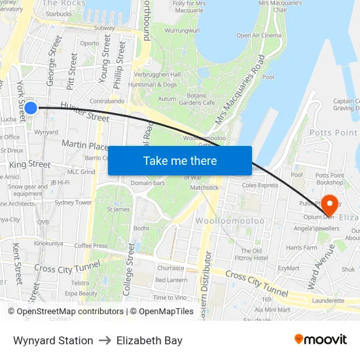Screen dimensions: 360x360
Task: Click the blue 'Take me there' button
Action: pyautogui.click(x=180, y=160)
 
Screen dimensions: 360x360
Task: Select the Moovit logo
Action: pyautogui.click(x=321, y=340)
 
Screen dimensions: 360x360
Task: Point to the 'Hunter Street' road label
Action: pyautogui.click(x=84, y=111)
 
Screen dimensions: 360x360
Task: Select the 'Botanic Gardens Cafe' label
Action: pyautogui.click(x=196, y=98)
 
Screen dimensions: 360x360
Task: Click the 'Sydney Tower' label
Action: pyautogui.click(x=73, y=202)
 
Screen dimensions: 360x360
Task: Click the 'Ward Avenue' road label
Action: pyautogui.click(x=323, y=269)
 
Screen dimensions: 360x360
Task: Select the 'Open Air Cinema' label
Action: pyautogui.click(x=259, y=35)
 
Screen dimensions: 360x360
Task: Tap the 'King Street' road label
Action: pyautogui.click(x=29, y=164)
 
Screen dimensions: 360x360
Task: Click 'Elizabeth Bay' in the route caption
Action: pyautogui.click(x=149, y=340)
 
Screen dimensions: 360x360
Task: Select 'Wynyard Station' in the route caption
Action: pyautogui.click(x=53, y=340)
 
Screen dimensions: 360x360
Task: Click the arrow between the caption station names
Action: pyautogui.click(x=105, y=340)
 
